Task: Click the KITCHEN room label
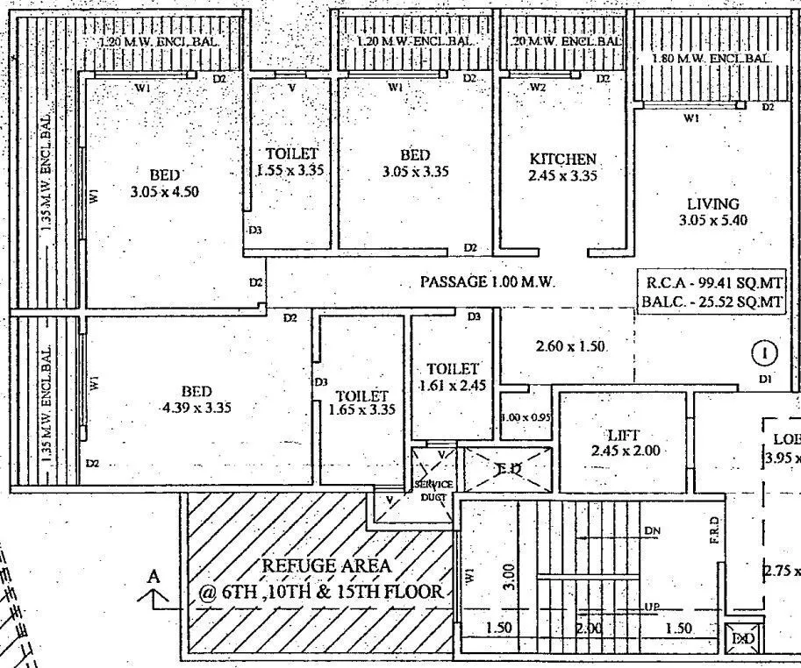[x=562, y=159]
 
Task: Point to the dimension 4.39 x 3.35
[x=196, y=408]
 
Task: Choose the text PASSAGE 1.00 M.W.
[x=488, y=282]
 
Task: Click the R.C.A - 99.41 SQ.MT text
[x=713, y=283]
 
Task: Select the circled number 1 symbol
[x=765, y=354]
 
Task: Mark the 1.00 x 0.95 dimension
[x=526, y=418]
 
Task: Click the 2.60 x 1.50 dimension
[x=571, y=347]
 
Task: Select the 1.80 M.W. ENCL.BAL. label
[x=712, y=58]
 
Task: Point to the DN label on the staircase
[x=652, y=531]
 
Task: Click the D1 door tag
[x=766, y=379]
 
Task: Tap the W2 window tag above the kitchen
[x=538, y=87]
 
